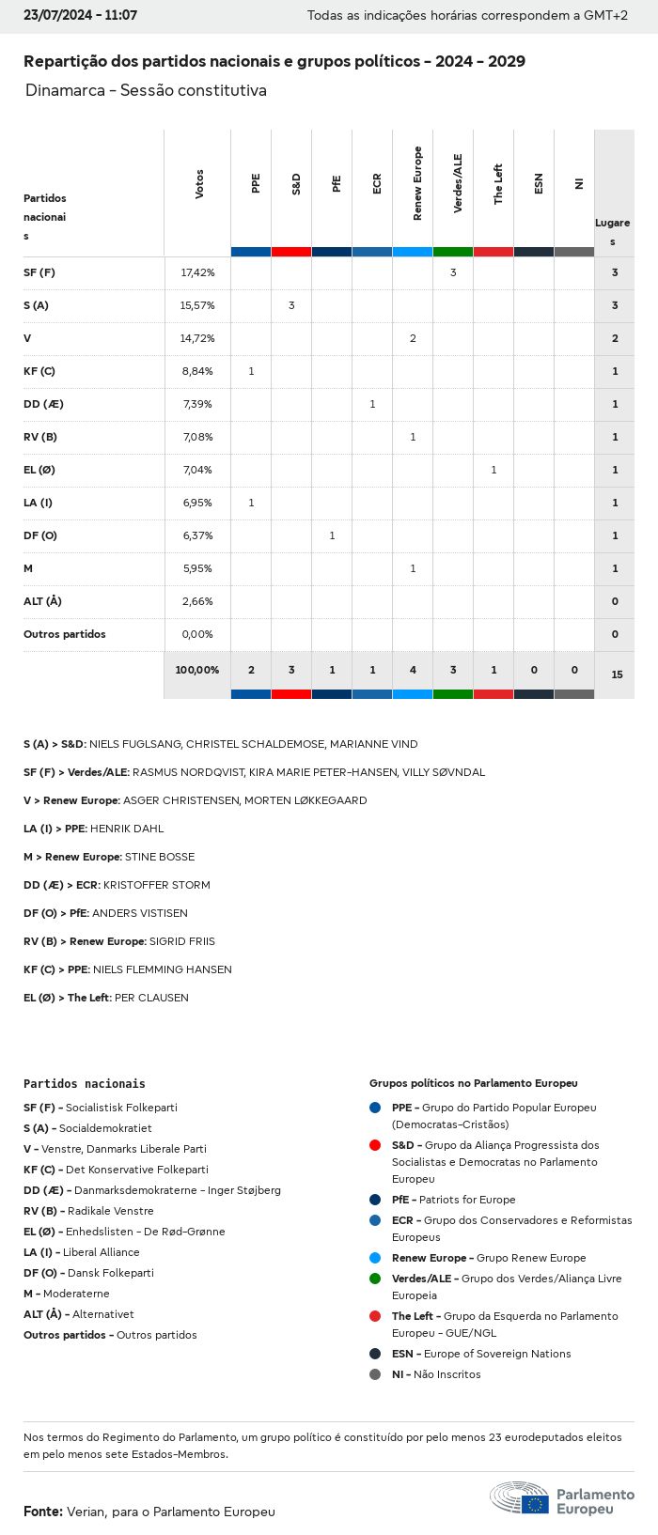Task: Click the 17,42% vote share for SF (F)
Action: [x=197, y=272]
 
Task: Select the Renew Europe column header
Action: [x=417, y=184]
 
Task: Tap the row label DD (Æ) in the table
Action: [x=43, y=404]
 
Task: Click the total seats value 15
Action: [x=617, y=674]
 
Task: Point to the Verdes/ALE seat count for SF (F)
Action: [x=453, y=272]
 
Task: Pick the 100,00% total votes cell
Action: [x=197, y=670]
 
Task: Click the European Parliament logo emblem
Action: [x=519, y=1497]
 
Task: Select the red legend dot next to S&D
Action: [x=375, y=1145]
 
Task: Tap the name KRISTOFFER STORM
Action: [x=157, y=885]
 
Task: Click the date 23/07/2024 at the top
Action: [x=53, y=16]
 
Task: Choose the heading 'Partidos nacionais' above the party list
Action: [x=85, y=1083]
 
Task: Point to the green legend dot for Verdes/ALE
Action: [x=375, y=1279]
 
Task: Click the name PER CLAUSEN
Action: [x=151, y=998]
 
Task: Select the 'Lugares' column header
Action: [x=613, y=232]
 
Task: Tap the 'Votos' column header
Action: [x=199, y=184]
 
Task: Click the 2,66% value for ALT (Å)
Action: [x=197, y=601]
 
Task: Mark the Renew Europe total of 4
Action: [x=413, y=670]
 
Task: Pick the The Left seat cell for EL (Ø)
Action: [x=493, y=470]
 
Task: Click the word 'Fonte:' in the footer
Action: [x=43, y=1512]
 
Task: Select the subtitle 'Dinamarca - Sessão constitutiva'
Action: [x=146, y=90]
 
